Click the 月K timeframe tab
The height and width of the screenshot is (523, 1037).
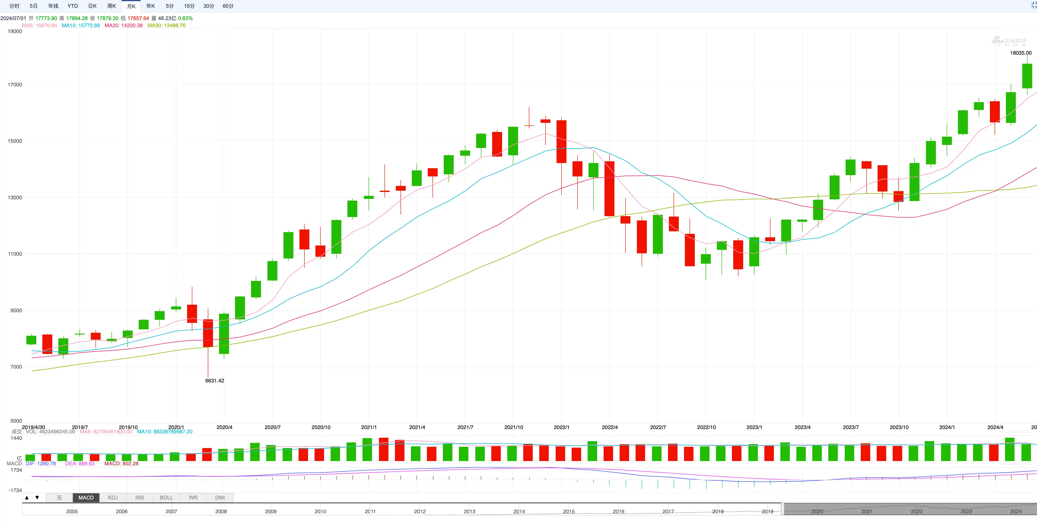pyautogui.click(x=131, y=6)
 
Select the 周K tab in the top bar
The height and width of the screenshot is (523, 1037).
pyautogui.click(x=111, y=6)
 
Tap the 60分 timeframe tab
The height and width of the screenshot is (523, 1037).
pyautogui.click(x=228, y=6)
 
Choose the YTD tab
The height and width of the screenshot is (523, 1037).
pyautogui.click(x=72, y=6)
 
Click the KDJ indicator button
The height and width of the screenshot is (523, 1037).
pyautogui.click(x=113, y=498)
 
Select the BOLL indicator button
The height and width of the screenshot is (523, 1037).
pyautogui.click(x=166, y=498)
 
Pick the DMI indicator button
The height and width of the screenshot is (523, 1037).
pyautogui.click(x=220, y=498)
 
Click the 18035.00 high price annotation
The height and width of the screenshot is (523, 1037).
pyautogui.click(x=1021, y=53)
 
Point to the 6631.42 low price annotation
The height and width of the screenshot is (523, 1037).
pyautogui.click(x=215, y=380)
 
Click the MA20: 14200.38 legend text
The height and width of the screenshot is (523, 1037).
pyautogui.click(x=124, y=25)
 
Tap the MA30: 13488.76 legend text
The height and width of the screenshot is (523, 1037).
pyautogui.click(x=166, y=25)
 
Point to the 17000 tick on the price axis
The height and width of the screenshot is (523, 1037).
pyautogui.click(x=15, y=84)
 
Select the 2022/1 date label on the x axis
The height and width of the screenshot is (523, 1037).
pyautogui.click(x=561, y=427)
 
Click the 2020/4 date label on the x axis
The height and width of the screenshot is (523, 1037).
pyautogui.click(x=224, y=427)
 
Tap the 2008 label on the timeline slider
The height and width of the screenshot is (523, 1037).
pyautogui.click(x=221, y=511)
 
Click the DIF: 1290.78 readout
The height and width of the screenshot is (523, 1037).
pyautogui.click(x=41, y=463)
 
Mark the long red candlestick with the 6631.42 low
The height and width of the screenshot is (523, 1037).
pyautogui.click(x=208, y=333)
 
